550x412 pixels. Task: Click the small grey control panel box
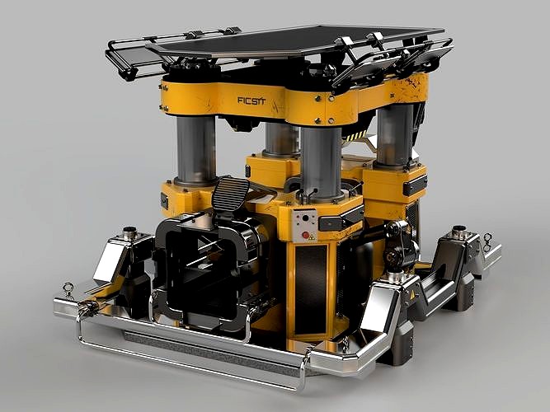(x=305, y=225)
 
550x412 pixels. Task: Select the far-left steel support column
(x=195, y=150)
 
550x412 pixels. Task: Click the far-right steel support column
(x=394, y=136)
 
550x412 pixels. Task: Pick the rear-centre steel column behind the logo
(x=281, y=138)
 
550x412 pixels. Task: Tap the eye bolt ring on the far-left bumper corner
(x=68, y=289)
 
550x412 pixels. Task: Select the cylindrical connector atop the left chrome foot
(x=129, y=234)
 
